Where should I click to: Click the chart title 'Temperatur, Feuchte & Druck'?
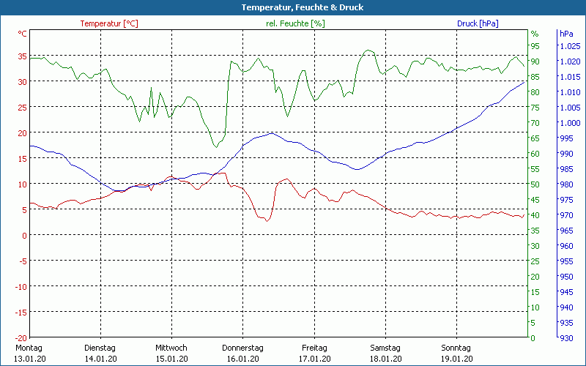[x=292, y=7]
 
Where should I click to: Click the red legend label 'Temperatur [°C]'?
[x=109, y=23]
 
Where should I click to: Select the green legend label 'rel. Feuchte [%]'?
[x=294, y=23]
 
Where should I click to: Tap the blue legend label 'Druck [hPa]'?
[x=478, y=23]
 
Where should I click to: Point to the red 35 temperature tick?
[x=23, y=56]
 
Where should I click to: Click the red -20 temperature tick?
[x=21, y=337]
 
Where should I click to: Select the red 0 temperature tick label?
[x=25, y=235]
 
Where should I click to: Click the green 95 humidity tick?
[x=535, y=46]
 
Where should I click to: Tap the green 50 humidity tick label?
[x=535, y=184]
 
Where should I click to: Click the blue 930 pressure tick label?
[x=566, y=337]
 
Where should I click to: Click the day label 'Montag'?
[x=29, y=348]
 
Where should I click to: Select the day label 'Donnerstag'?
[x=242, y=348]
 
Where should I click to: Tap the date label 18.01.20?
[x=385, y=359]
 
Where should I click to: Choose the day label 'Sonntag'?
[x=456, y=348]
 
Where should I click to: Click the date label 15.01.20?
[x=171, y=359]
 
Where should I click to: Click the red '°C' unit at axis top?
[x=23, y=34]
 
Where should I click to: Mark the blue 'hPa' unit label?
[x=566, y=34]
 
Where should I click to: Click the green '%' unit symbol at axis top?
[x=535, y=34]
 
